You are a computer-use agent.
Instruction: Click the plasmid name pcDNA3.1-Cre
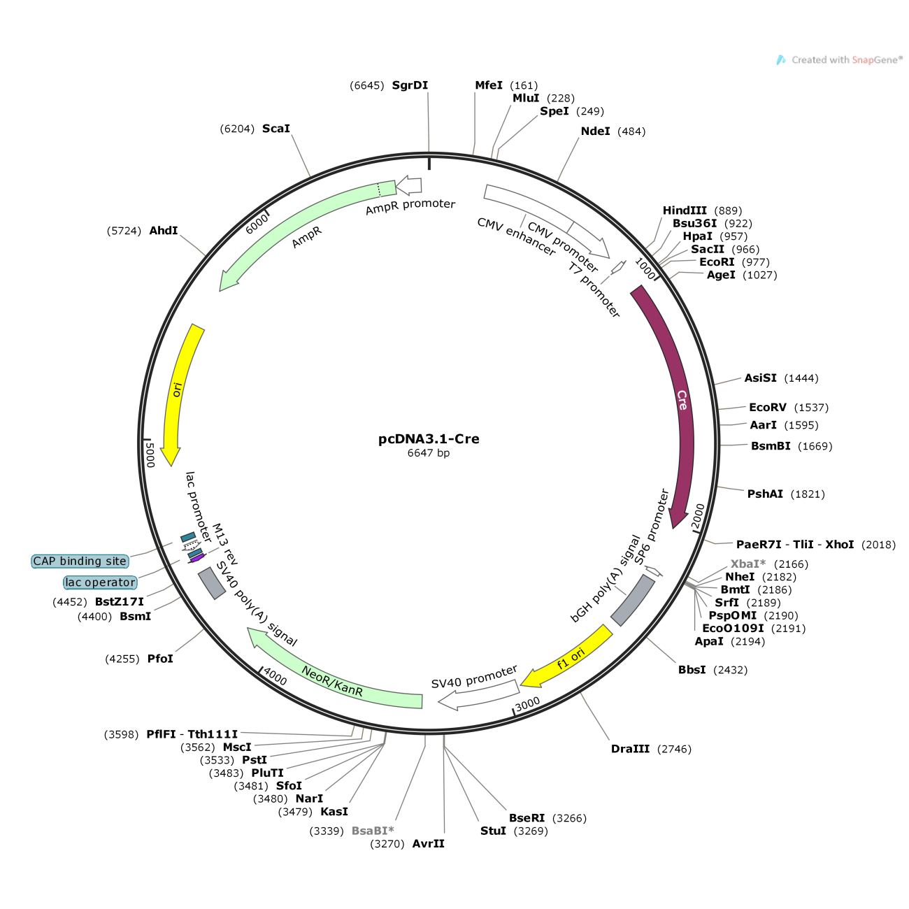[x=429, y=438]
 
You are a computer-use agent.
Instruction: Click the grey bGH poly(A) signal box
[x=633, y=600]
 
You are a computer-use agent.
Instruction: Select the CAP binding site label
[x=80, y=561]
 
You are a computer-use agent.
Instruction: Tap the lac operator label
[x=100, y=582]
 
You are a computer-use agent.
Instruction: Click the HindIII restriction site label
[x=685, y=210]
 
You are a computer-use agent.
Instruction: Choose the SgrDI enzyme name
[x=410, y=85]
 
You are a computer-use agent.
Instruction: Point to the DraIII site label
[x=630, y=749]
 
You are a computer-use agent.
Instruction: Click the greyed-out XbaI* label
[x=748, y=564]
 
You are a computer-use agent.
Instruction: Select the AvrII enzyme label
[x=429, y=843]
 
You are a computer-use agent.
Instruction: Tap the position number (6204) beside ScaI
[x=237, y=129]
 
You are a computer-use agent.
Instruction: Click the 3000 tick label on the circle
[x=527, y=704]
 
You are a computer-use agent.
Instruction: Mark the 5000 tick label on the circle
[x=150, y=454]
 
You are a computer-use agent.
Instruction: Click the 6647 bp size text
[x=429, y=453]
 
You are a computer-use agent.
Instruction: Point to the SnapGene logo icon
[x=781, y=60]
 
